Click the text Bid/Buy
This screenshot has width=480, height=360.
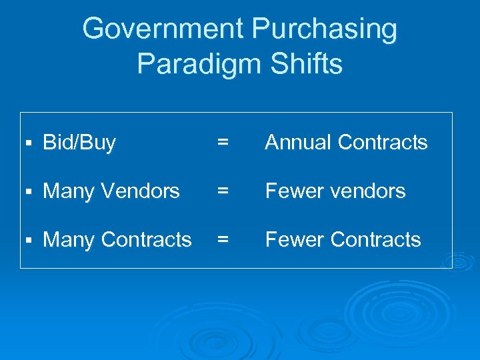[79, 143]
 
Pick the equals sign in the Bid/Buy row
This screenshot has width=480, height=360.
[223, 143]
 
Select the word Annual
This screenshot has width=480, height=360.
[299, 143]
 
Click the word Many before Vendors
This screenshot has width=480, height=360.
[67, 191]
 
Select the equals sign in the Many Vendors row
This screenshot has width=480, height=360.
[223, 191]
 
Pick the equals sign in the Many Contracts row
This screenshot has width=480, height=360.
[223, 240]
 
